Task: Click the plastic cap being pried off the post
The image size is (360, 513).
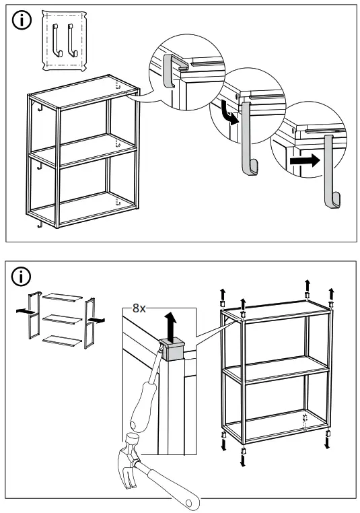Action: [173, 350]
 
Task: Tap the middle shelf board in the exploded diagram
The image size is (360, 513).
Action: [63, 317]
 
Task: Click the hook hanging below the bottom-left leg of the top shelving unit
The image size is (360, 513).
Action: [40, 224]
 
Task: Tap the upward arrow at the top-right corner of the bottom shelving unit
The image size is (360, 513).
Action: [331, 292]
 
